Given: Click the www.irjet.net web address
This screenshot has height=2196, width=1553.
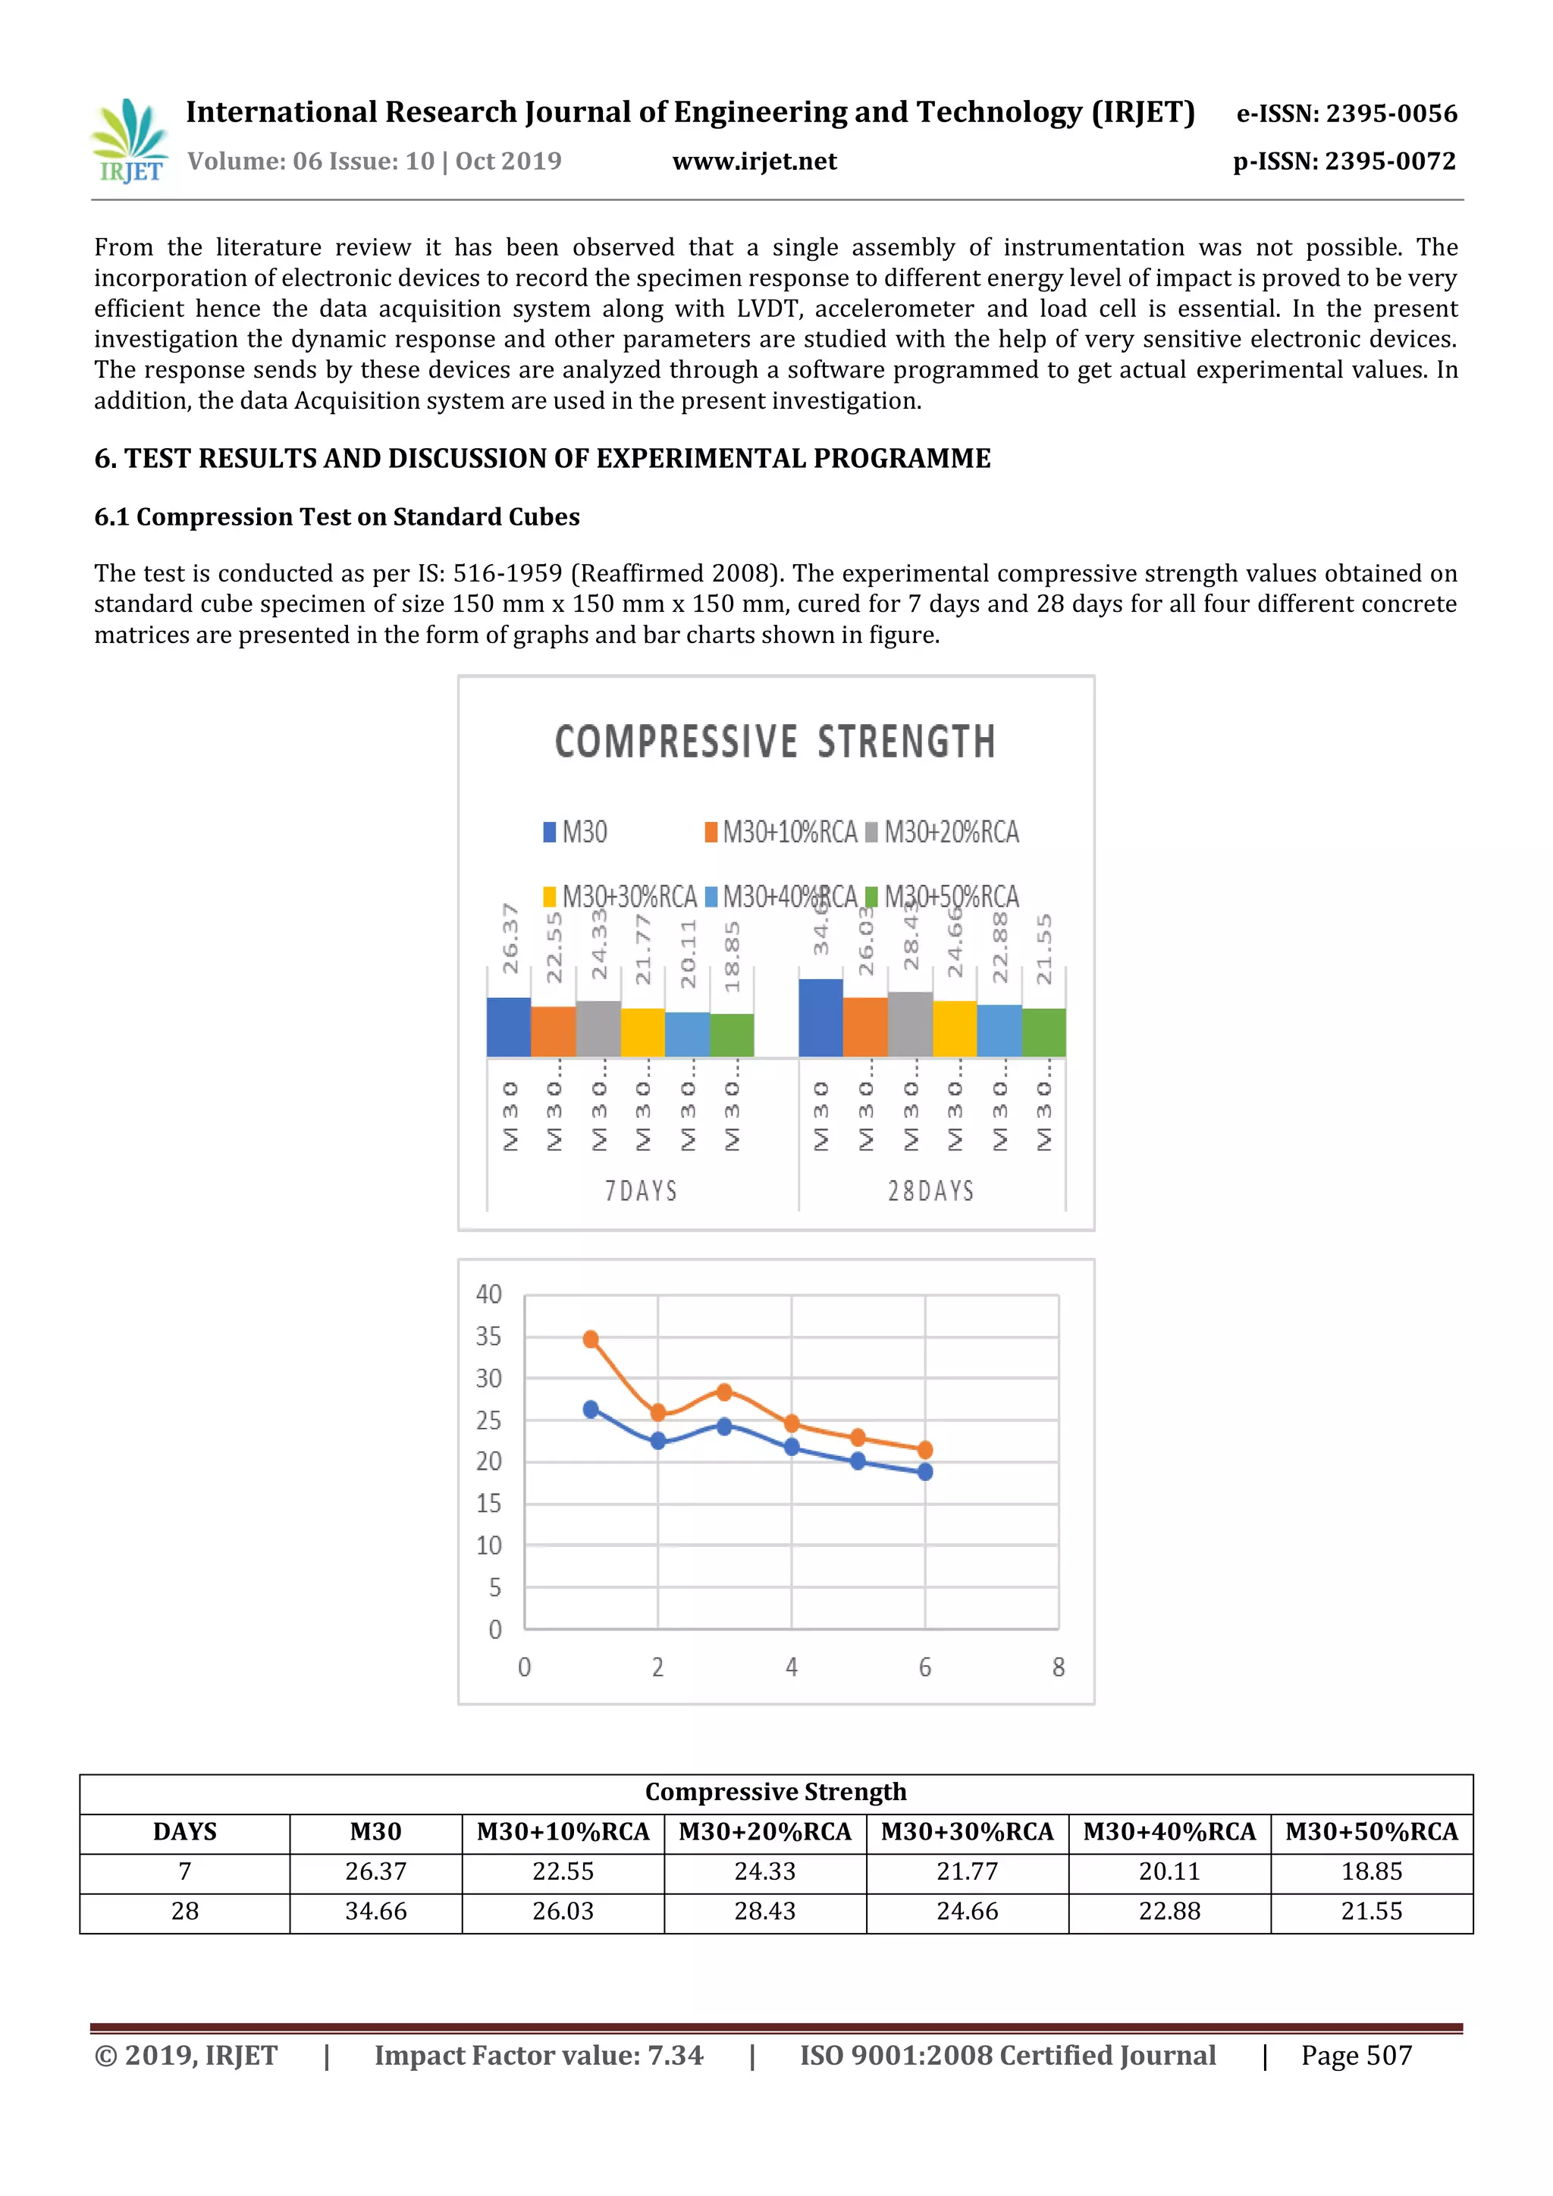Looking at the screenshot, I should coord(754,162).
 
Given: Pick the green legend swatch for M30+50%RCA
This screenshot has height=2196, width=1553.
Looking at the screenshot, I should coord(871,897).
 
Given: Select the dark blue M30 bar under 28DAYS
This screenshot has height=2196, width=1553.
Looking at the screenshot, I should coord(820,1018).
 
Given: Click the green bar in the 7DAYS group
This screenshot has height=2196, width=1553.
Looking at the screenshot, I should coord(732,1035).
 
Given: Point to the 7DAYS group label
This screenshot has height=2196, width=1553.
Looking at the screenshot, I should coord(641,1191).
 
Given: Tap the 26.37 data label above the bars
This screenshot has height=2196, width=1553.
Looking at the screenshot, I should coord(510,938).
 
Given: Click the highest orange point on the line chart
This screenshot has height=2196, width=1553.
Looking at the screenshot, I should coord(591,1339).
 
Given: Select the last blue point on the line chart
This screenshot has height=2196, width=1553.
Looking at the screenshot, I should coord(924,1472).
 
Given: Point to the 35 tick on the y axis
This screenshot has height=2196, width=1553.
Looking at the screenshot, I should coord(488,1336).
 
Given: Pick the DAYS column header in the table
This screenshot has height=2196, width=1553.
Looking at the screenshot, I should coord(184,1831).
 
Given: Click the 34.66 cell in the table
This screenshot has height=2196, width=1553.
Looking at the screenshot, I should coord(376,1912).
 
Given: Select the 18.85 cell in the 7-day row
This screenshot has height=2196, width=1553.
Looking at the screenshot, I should coord(1371,1871).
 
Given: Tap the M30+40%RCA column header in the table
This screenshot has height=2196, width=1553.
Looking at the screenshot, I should coord(1169,1831).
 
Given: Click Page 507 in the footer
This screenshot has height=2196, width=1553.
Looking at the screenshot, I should coord(1356,2056).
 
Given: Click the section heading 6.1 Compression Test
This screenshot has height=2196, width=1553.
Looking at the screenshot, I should coord(337,517).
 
